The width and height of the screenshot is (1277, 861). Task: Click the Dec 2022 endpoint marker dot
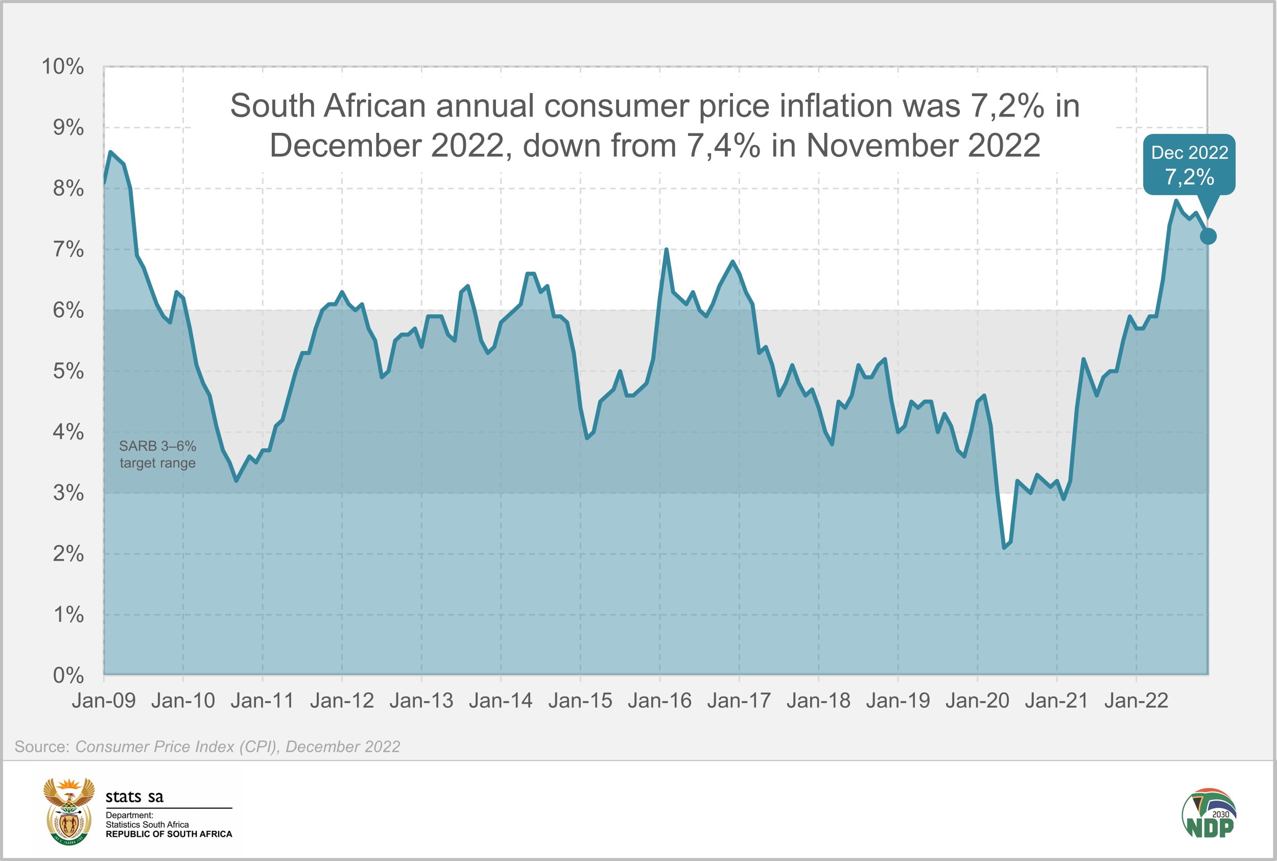[x=1208, y=236]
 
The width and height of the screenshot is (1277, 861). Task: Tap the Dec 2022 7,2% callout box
[x=1189, y=165]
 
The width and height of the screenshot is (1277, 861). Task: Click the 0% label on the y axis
[x=68, y=675]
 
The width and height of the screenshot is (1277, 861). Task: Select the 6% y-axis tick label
[x=68, y=310]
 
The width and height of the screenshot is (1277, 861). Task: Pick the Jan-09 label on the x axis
[x=104, y=701]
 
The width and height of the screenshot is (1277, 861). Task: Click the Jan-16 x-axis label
[x=659, y=701]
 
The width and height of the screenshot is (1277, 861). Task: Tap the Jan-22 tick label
[x=1136, y=701]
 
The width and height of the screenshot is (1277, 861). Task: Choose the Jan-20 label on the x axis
[x=977, y=701]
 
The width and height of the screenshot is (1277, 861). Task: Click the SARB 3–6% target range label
[x=157, y=454]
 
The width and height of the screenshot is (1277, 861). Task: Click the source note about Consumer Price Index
[x=207, y=747]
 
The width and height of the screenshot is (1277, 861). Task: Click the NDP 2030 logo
[x=1210, y=814]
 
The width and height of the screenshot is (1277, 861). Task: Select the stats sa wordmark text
[x=134, y=796]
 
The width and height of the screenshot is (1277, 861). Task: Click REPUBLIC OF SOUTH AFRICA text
[x=169, y=834]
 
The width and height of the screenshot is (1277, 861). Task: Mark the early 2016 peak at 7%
[x=666, y=250]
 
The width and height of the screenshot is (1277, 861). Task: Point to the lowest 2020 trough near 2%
[x=1004, y=547]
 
